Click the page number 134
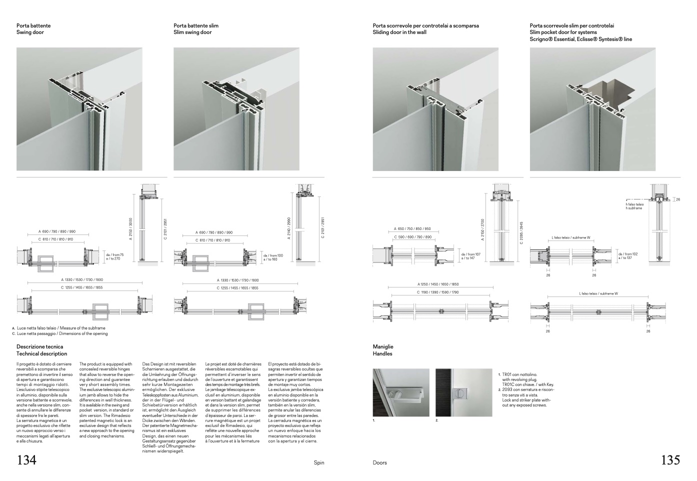pyautogui.click(x=27, y=460)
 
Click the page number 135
pyautogui.click(x=670, y=460)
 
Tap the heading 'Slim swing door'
pyautogui.click(x=192, y=32)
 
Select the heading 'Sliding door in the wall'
pyautogui.click(x=398, y=32)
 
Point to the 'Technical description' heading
pyautogui.click(x=42, y=353)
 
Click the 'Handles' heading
pyautogui.click(x=382, y=353)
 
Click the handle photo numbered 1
pyautogui.click(x=401, y=392)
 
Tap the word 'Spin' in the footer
pyautogui.click(x=319, y=462)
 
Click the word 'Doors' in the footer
pyautogui.click(x=380, y=462)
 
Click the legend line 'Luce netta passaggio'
pyautogui.click(x=62, y=333)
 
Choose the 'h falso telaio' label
pyautogui.click(x=634, y=204)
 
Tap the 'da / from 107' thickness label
pyautogui.click(x=470, y=254)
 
